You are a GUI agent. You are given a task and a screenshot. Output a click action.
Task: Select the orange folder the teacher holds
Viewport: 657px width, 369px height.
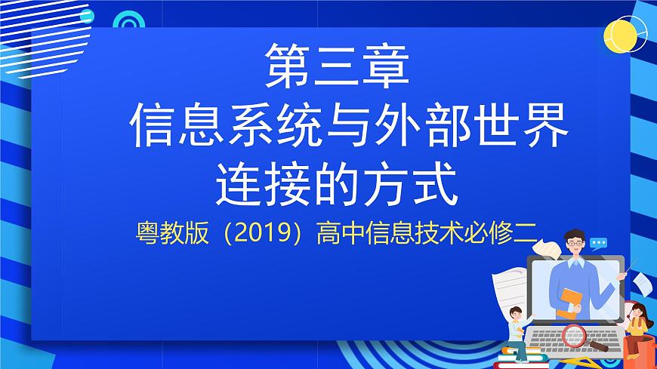point(570,303)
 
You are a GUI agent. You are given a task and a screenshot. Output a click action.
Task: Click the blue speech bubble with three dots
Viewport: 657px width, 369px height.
point(599,244)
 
